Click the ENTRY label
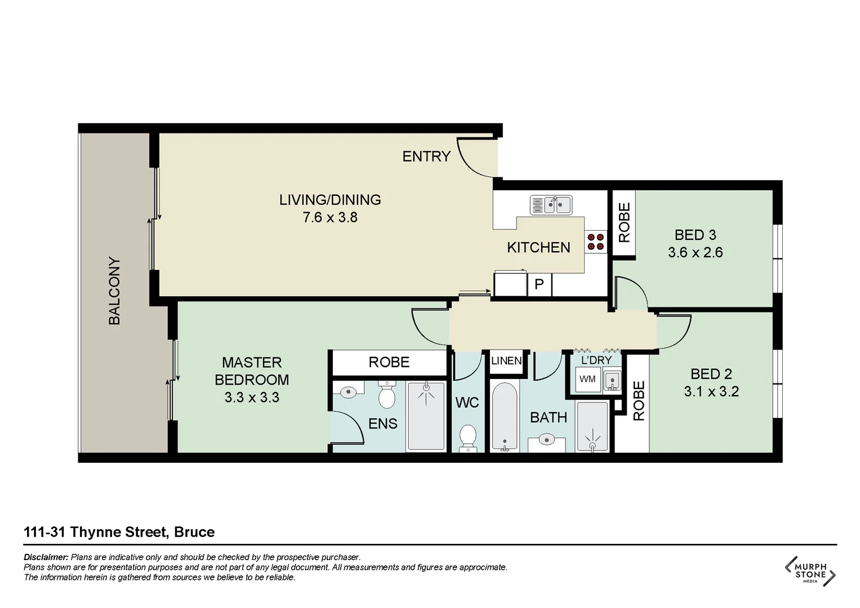point(426,157)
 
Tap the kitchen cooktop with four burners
point(596,242)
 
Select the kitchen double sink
point(551,205)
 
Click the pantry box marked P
point(539,284)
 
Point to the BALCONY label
point(114,291)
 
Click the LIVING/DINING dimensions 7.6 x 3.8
point(330,217)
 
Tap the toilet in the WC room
point(468,438)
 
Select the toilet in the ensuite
point(386,395)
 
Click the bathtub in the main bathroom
point(504,417)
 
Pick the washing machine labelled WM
point(587,379)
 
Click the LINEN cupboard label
point(506,361)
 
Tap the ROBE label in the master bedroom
point(389,363)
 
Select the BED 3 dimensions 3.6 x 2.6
point(695,253)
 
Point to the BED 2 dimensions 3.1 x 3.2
point(711,392)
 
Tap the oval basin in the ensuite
point(349,391)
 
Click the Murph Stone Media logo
point(810,571)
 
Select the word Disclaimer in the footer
point(46,557)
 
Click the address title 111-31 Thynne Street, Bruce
point(119,532)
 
